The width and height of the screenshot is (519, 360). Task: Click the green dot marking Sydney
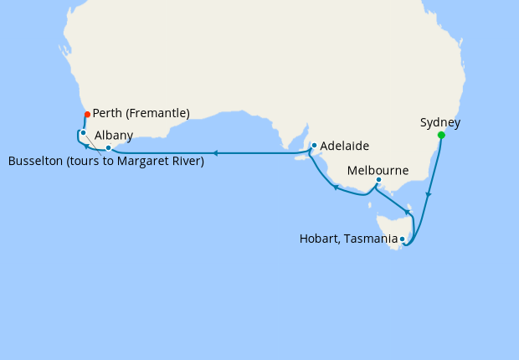[x=441, y=135]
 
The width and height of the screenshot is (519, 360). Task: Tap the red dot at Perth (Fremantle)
[x=87, y=114]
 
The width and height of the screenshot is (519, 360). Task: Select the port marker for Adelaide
[x=314, y=146]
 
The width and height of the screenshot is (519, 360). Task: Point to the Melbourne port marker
[x=378, y=179]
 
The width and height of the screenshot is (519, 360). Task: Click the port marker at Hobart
[x=403, y=239]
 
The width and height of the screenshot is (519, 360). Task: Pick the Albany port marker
[x=108, y=147]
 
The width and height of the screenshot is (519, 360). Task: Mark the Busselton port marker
[x=83, y=132]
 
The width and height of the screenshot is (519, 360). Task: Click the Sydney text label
[x=440, y=122]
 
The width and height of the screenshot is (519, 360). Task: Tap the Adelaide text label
[x=345, y=146]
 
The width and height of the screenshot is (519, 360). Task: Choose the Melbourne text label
[x=378, y=170]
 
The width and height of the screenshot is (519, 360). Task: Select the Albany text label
[x=111, y=135]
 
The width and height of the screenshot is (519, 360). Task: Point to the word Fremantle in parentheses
[x=159, y=113]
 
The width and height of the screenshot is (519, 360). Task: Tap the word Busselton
[x=34, y=161]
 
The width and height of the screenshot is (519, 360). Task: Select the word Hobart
[x=319, y=239]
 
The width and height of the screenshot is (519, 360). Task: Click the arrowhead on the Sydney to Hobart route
[x=429, y=196]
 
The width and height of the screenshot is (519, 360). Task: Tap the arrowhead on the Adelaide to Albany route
[x=215, y=153]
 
